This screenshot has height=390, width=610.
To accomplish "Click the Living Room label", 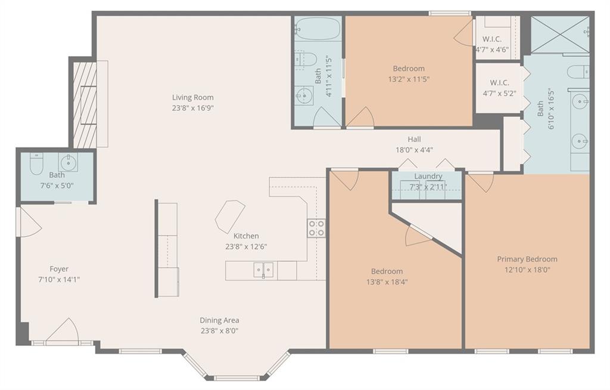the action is (x=193, y=97).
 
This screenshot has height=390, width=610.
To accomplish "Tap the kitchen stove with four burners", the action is (x=316, y=228).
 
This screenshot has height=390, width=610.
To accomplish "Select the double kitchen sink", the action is (x=263, y=270).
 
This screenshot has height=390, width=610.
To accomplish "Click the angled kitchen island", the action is (x=230, y=217).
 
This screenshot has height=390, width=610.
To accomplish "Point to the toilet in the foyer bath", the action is (x=36, y=165).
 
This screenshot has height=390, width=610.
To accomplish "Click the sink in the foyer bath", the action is (x=68, y=162).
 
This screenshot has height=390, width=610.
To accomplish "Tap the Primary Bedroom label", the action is (x=527, y=259).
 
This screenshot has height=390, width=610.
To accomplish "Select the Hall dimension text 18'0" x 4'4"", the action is (x=415, y=150).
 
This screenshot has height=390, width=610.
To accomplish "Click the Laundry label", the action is (x=428, y=176).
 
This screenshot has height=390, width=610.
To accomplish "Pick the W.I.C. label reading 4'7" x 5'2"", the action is (x=500, y=94).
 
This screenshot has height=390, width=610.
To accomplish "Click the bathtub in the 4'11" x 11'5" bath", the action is (x=318, y=28).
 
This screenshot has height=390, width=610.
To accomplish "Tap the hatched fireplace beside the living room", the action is (x=85, y=105).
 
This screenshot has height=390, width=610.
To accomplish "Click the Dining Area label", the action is (x=219, y=320).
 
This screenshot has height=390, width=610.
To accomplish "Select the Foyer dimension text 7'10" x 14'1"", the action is (x=59, y=279).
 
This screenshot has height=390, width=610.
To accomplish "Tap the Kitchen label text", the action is (x=246, y=236).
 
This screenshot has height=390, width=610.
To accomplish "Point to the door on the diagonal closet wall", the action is (x=419, y=236).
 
